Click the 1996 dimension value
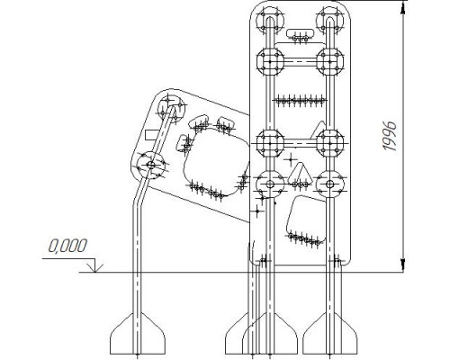(x=390, y=136)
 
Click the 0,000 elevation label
(x=67, y=246)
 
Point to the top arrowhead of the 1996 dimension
(x=403, y=10)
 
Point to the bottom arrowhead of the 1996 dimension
(x=403, y=265)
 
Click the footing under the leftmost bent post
(x=138, y=334)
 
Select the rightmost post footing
(x=330, y=334)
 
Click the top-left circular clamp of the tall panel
(x=270, y=21)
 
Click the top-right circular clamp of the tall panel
(x=330, y=21)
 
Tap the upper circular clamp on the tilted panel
(x=172, y=107)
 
